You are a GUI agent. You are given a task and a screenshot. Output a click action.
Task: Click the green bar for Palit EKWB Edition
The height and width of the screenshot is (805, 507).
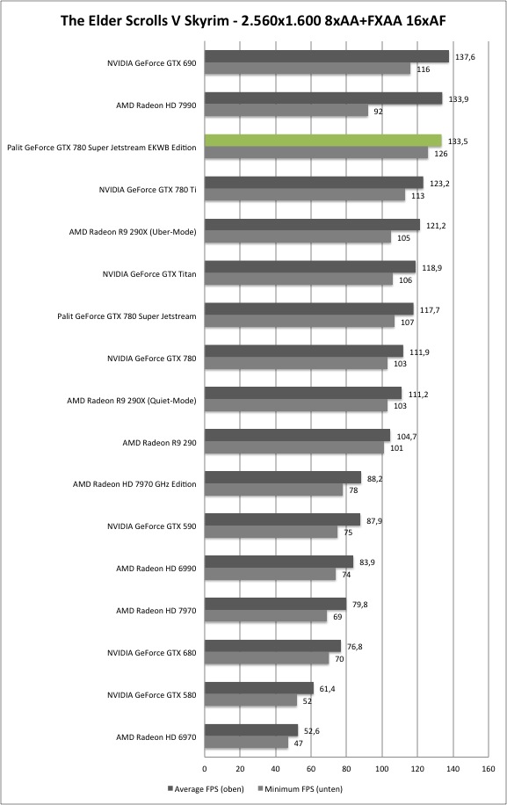tap(323, 141)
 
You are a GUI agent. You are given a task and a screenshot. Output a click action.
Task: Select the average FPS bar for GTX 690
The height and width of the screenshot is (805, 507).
tap(327, 56)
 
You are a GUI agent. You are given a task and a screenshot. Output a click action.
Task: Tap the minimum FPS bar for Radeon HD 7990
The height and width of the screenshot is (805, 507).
tap(286, 111)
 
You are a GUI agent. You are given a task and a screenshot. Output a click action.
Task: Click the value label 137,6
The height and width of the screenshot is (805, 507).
tap(465, 57)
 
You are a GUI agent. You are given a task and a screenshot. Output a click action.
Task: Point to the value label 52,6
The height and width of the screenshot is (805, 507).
tap(310, 731)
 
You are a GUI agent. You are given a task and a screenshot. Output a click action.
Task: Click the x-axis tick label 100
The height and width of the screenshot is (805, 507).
tap(382, 769)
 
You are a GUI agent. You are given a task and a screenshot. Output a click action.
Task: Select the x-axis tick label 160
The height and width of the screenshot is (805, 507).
tap(489, 769)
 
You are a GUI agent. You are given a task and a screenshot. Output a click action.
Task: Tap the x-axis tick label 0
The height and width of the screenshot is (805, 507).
tap(205, 769)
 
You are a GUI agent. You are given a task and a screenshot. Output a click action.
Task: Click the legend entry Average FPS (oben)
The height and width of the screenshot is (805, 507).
tap(206, 788)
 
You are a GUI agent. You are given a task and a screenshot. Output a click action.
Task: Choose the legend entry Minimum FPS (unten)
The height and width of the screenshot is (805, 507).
tap(301, 788)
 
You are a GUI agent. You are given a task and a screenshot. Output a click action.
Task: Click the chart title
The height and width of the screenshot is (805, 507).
tap(253, 20)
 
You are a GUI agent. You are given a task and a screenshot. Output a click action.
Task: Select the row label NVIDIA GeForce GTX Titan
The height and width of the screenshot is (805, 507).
tap(148, 274)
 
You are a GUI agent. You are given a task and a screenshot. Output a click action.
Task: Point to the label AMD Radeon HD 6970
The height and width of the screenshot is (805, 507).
tap(156, 737)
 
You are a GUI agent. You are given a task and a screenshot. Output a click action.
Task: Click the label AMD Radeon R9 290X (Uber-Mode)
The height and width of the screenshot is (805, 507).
tap(133, 232)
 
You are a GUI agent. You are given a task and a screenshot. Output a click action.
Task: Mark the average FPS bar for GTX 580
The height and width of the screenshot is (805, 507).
tap(259, 688)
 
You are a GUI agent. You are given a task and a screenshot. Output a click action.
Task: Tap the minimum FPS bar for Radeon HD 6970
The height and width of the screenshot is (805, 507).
tap(246, 743)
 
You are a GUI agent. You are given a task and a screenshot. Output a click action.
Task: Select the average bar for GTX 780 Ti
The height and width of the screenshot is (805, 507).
tap(314, 183)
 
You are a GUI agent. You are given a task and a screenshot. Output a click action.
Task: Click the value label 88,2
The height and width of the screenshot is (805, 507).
tap(374, 479)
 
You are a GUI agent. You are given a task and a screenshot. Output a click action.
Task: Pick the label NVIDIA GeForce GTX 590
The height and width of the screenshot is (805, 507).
tap(151, 526)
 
